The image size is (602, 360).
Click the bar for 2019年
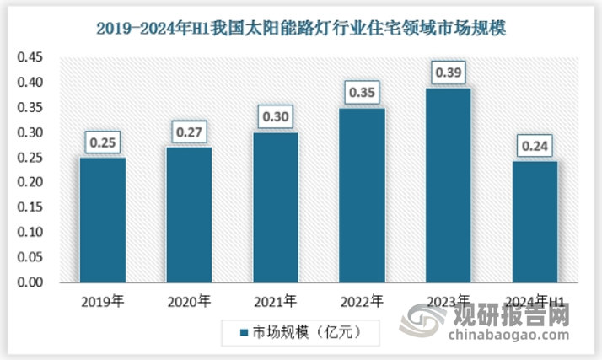coord(103,220)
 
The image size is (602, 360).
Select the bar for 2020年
coord(189,215)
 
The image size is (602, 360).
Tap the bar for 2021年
coord(276,207)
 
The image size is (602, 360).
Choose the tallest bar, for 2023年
coord(449,185)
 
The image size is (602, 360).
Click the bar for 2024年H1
coord(535,223)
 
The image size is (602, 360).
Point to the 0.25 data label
coord(103,142)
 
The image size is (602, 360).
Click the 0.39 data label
coord(449,73)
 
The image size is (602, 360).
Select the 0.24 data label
coord(535,146)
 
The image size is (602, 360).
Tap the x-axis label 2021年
coord(276,300)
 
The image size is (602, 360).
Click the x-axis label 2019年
coord(103,300)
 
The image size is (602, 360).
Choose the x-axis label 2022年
coord(363,300)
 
